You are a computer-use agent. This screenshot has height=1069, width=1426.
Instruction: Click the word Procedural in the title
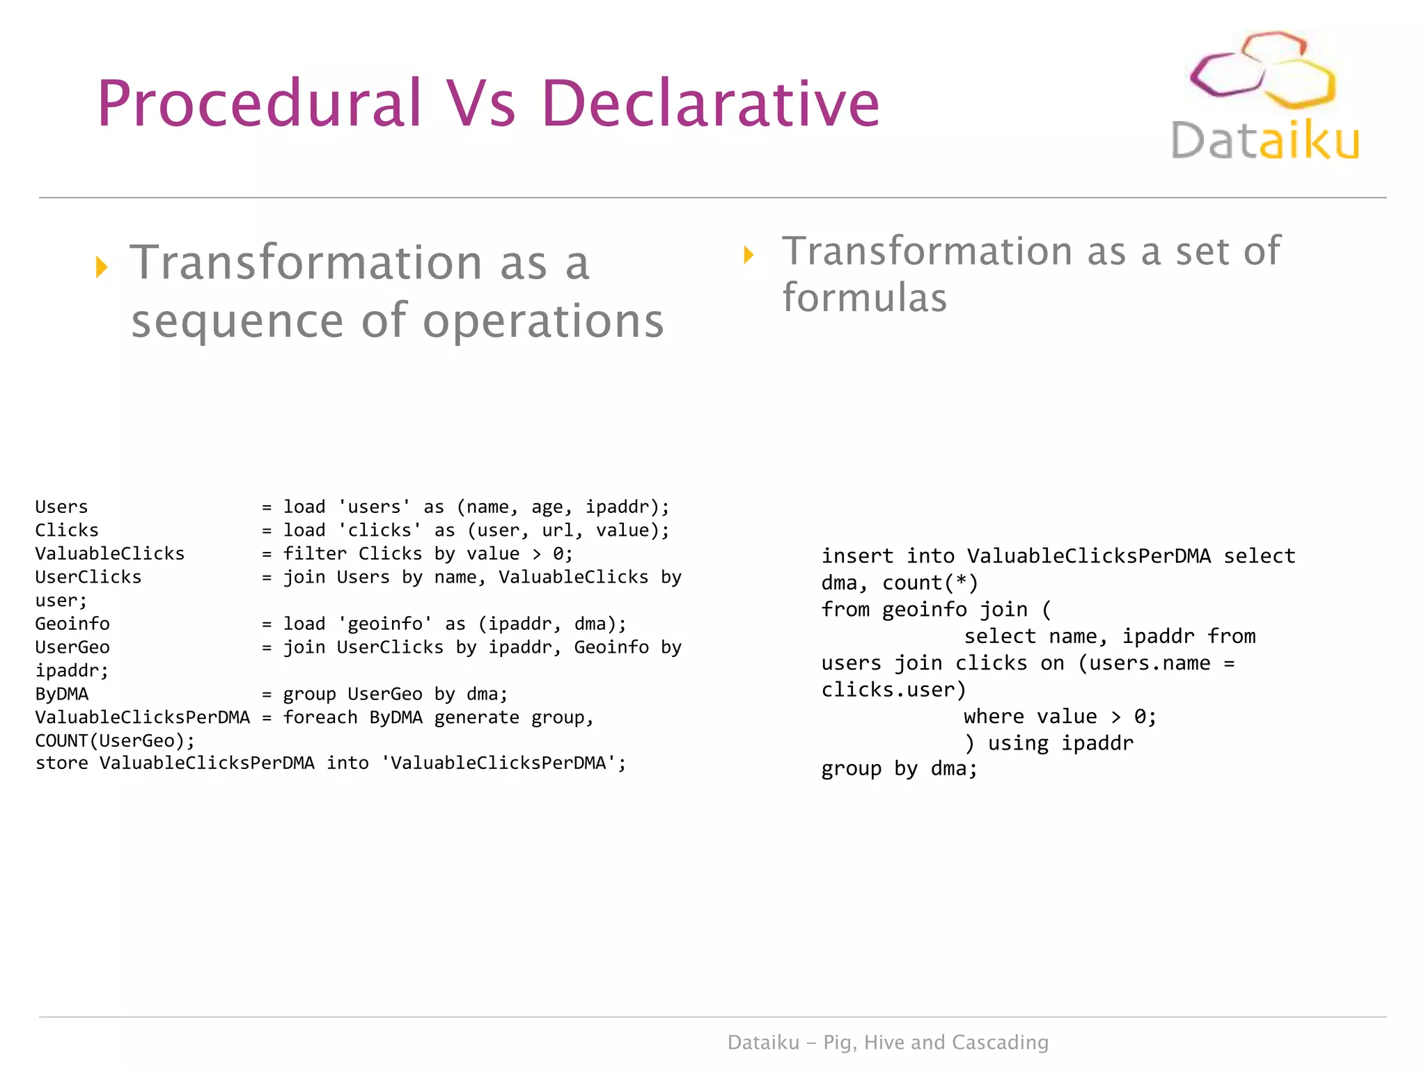[260, 104]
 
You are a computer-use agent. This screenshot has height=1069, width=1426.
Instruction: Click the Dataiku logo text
[1265, 141]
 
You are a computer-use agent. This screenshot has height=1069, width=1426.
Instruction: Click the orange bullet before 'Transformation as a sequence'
[102, 267]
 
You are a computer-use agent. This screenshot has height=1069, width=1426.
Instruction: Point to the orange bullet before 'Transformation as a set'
[749, 254]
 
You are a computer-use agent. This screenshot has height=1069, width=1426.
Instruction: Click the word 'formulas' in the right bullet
[864, 298]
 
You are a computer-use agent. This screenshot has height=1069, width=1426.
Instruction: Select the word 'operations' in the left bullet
[543, 321]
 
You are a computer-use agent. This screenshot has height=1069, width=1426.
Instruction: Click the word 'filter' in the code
[315, 554]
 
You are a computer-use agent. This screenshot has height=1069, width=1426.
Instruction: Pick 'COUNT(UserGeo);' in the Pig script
[115, 741]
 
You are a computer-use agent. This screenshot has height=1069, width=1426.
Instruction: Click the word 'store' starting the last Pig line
[61, 763]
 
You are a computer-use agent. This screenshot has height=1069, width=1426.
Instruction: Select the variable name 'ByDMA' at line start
[62, 695]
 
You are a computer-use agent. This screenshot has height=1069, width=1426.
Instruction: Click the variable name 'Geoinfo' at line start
[72, 624]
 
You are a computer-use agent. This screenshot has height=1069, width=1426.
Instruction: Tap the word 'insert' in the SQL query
[857, 556]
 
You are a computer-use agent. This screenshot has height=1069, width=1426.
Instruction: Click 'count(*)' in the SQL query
[930, 583]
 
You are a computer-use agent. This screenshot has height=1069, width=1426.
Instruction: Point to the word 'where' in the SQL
[994, 716]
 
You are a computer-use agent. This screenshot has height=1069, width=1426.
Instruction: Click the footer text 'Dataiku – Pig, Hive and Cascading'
[888, 1042]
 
